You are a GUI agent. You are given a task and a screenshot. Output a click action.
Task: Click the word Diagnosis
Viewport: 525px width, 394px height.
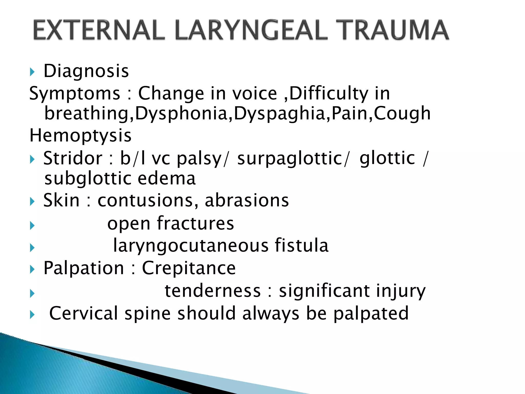(86, 71)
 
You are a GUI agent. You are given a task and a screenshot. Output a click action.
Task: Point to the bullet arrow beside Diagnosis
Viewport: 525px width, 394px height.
(32, 72)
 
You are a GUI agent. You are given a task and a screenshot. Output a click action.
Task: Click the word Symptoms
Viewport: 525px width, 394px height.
(75, 94)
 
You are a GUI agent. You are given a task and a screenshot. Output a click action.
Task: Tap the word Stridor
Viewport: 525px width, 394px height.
(73, 158)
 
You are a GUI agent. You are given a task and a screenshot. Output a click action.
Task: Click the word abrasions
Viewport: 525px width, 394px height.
(247, 200)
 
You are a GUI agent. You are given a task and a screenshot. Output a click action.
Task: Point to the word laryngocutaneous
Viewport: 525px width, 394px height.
(191, 246)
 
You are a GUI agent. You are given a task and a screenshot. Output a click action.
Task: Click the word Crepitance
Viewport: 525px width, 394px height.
(189, 268)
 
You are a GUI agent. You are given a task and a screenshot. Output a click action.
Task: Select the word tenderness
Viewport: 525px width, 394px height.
(213, 291)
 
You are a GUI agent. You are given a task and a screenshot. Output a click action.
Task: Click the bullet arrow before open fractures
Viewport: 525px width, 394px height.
(32, 226)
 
